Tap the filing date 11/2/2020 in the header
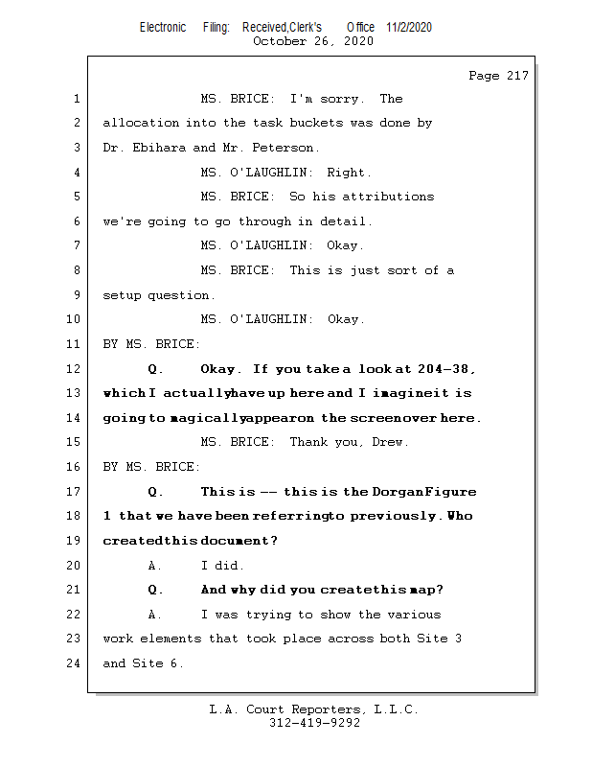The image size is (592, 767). click(409, 27)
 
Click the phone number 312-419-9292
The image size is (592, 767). click(314, 723)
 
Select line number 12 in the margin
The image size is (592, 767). click(74, 368)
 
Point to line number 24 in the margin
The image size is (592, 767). click(74, 662)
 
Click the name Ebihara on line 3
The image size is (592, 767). click(159, 148)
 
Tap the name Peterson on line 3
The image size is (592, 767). click(283, 148)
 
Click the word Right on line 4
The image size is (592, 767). click(346, 173)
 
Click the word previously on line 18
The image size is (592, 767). click(393, 516)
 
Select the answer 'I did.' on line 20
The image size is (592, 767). click(222, 566)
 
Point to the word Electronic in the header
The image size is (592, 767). click(163, 27)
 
